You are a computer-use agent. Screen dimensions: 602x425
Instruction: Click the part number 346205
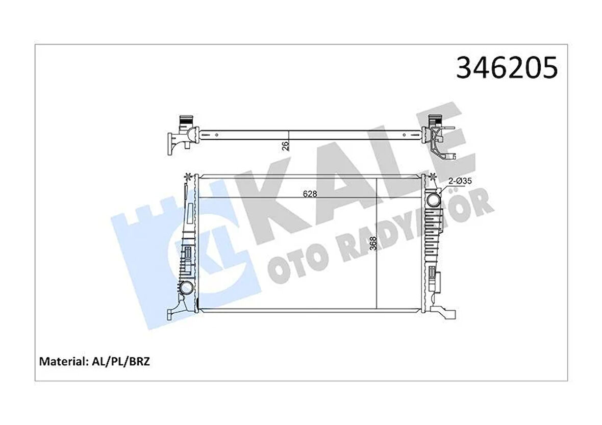tap(507, 67)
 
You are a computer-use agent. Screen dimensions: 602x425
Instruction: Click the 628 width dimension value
tap(310, 194)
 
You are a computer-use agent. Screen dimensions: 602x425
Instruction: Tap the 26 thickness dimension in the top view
tap(285, 146)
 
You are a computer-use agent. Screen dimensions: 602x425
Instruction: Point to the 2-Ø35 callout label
tap(460, 181)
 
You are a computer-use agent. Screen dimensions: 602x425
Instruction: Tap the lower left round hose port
tap(186, 288)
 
